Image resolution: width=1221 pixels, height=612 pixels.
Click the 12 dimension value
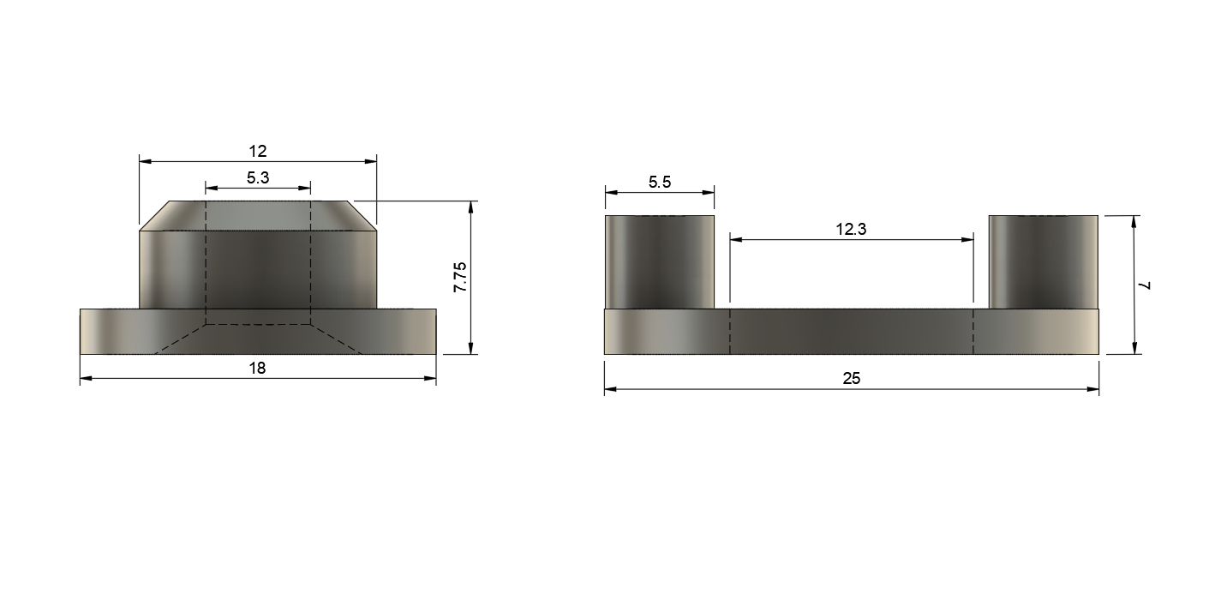258,151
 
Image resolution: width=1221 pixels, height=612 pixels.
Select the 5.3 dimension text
258,177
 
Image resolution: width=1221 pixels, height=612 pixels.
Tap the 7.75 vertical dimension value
460,277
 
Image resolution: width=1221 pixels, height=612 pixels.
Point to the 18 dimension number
257,369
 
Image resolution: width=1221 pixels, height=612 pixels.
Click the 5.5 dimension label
660,183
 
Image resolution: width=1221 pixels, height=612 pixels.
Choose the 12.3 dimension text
851,229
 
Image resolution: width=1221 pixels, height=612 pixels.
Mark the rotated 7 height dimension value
1146,285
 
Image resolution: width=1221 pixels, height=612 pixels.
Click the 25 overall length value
852,378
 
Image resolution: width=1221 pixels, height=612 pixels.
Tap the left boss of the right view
660,261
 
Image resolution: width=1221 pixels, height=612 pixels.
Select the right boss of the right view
1044,261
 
